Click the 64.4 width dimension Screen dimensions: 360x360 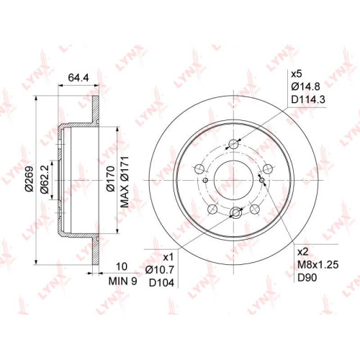[78, 78]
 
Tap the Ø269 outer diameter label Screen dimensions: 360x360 [30, 179]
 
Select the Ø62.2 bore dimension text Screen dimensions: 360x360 [45, 179]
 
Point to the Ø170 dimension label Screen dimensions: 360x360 [111, 179]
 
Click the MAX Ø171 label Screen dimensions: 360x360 [125, 182]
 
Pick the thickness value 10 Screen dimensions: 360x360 [122, 266]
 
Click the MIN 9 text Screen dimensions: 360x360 [122, 282]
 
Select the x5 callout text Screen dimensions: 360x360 [297, 74]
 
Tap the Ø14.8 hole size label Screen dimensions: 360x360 [305, 86]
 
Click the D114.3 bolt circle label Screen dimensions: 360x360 [308, 99]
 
